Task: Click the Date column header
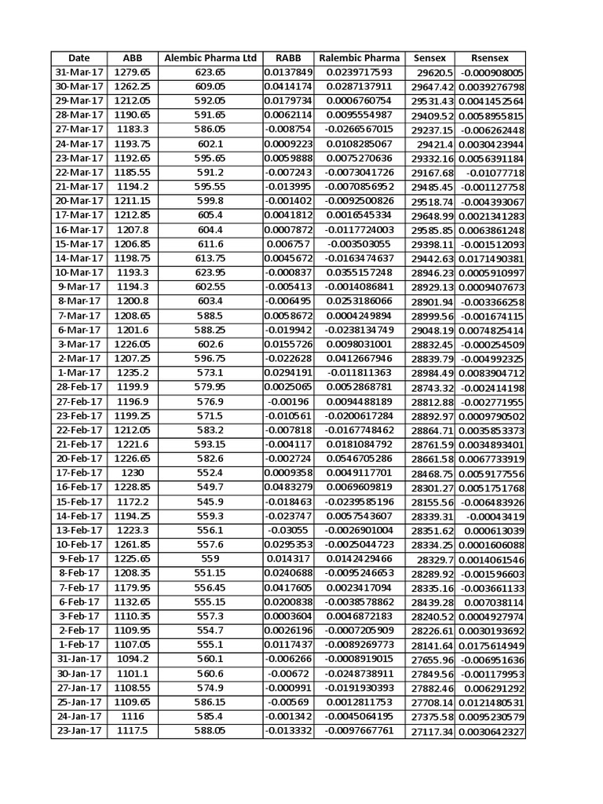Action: (x=79, y=58)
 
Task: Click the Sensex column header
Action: (x=429, y=58)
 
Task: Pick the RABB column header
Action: (x=287, y=58)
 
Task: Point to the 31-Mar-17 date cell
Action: (x=79, y=72)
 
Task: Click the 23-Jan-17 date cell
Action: (x=79, y=731)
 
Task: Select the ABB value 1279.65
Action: (x=131, y=72)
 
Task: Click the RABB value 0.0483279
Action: (x=287, y=488)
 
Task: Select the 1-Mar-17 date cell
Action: (x=79, y=373)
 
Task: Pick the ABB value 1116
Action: (x=131, y=717)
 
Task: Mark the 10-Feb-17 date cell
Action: (x=79, y=545)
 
